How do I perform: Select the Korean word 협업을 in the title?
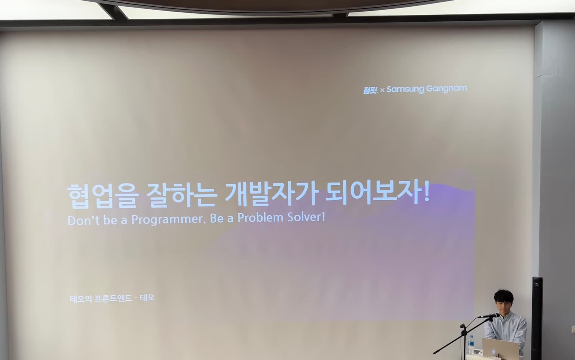tap(102, 196)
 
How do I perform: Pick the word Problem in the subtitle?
tap(260, 218)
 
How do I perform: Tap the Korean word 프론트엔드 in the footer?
tap(113, 299)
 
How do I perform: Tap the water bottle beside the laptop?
tap(471, 345)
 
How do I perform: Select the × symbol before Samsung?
tap(382, 90)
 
